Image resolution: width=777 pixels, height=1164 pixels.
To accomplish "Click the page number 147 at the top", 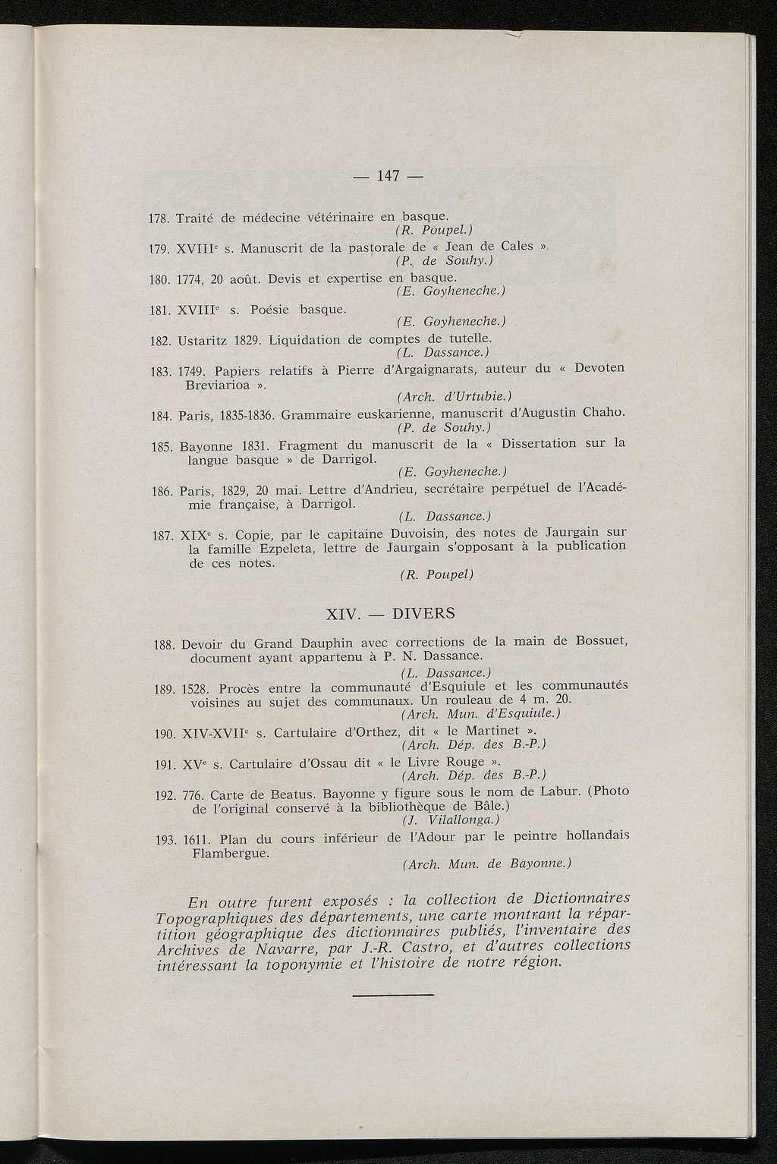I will (x=387, y=176).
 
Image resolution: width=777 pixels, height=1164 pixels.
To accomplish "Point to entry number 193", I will (x=165, y=840).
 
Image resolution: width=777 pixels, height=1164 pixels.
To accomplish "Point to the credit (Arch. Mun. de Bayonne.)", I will (x=486, y=864).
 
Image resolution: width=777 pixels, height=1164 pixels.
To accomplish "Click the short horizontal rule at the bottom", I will (x=393, y=994).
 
